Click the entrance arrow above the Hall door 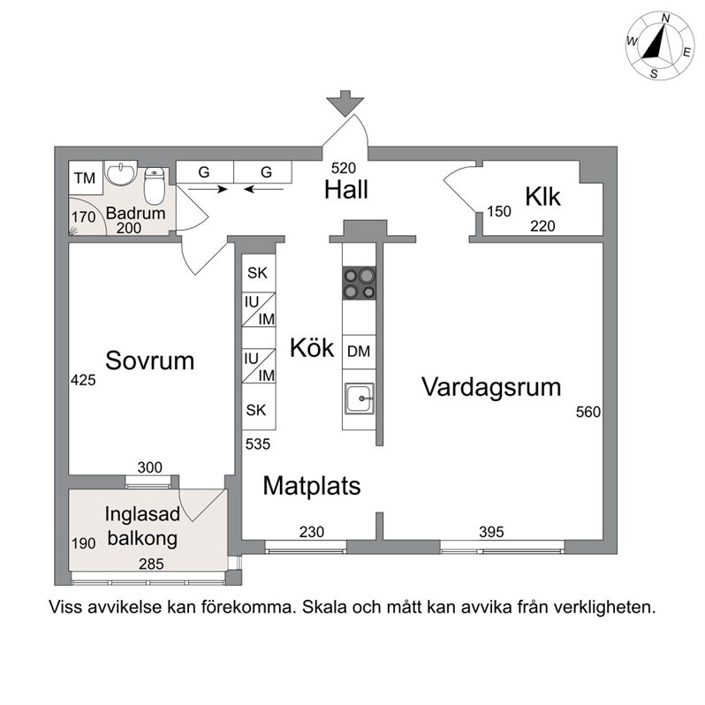(345, 103)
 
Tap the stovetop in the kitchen (359, 284)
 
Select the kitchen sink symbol (360, 398)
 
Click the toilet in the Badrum (155, 186)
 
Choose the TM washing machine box (86, 178)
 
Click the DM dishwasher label (359, 351)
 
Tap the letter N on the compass (666, 18)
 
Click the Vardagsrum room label (491, 387)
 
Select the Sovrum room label (149, 360)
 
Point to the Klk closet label (542, 196)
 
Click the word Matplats (312, 486)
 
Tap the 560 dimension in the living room (588, 412)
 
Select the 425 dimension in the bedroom (83, 381)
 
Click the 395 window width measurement (491, 532)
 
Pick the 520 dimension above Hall (344, 168)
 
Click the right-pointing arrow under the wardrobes (208, 190)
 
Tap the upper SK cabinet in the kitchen (259, 272)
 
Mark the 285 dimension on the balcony (151, 564)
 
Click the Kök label (312, 347)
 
